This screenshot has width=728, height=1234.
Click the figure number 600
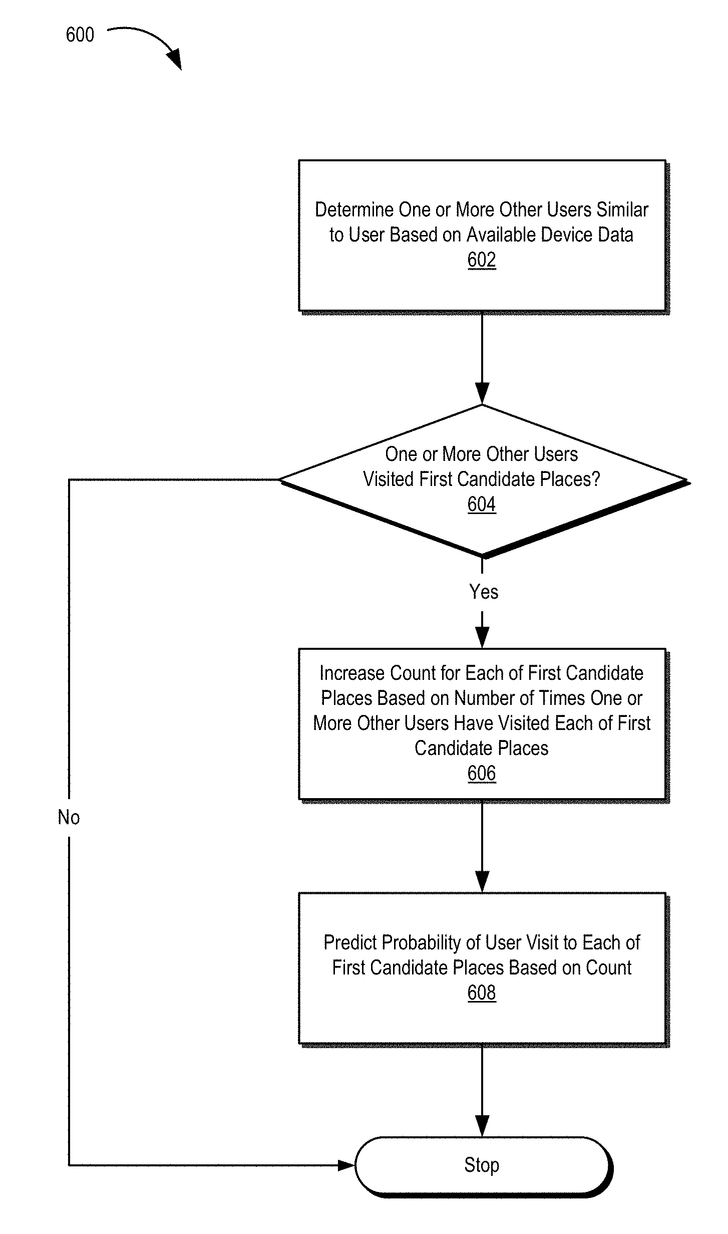(80, 35)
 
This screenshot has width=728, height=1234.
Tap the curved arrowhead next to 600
(175, 60)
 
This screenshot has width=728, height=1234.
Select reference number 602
(482, 260)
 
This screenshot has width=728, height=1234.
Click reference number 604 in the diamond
(482, 504)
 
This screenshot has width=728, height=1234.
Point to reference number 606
(482, 773)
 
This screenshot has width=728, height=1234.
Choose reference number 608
(482, 993)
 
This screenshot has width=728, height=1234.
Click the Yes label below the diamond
(484, 592)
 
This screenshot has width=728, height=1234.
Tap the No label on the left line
(69, 817)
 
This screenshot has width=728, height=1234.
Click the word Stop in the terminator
(482, 1165)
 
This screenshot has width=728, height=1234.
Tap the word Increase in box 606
(352, 673)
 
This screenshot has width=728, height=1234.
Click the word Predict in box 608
(350, 942)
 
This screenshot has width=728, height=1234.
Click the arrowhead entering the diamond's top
(482, 394)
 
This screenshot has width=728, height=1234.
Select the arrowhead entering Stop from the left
(346, 1165)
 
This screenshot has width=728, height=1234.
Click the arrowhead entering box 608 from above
(482, 882)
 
